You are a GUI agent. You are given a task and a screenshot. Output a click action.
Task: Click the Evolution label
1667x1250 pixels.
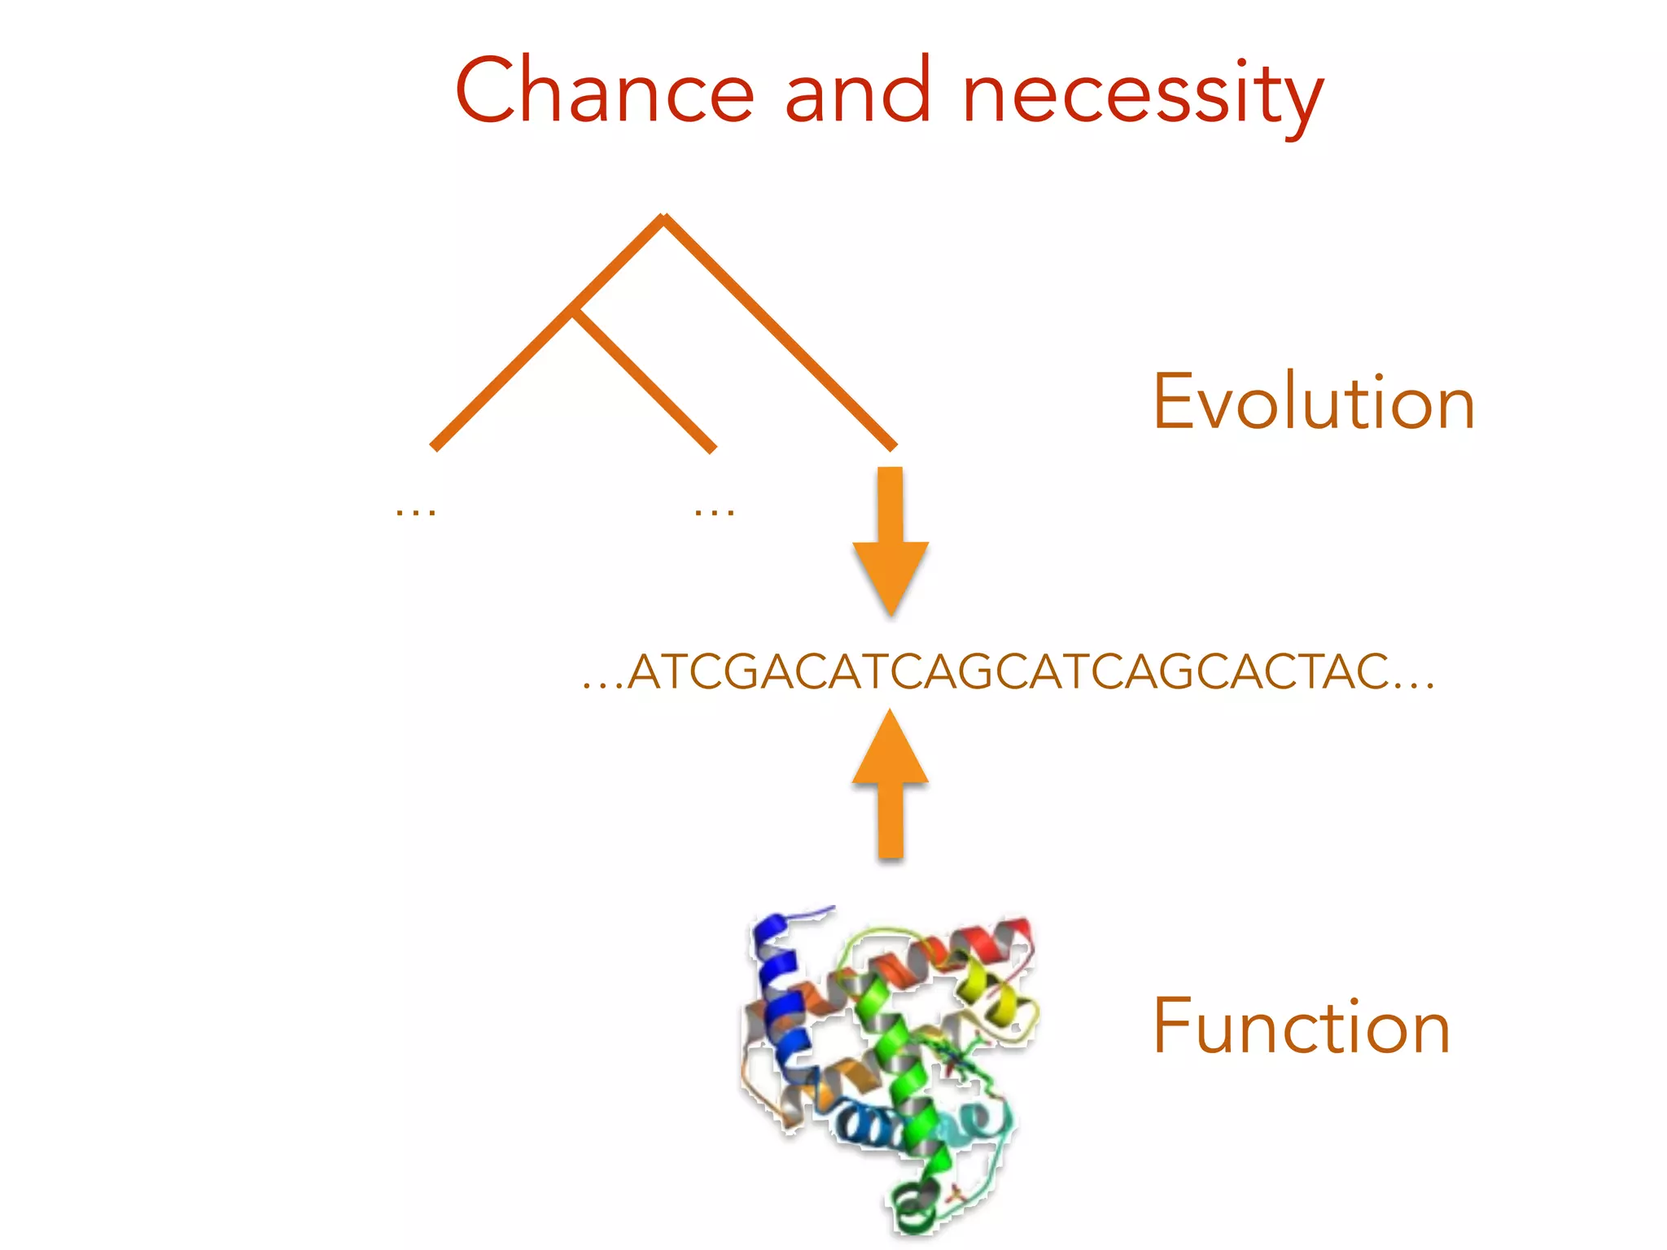(x=1313, y=402)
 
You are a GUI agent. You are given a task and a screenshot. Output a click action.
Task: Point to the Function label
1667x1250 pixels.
(x=1301, y=1027)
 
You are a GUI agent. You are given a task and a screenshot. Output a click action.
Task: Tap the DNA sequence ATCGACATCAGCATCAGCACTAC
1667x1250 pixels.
(x=1009, y=672)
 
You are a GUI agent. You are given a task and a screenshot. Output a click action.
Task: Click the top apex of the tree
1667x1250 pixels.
(x=664, y=218)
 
